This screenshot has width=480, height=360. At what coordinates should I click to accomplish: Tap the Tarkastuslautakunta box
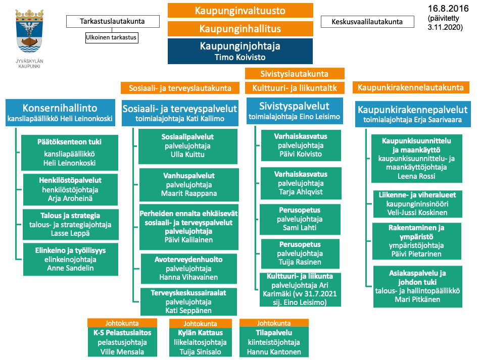pyautogui.click(x=113, y=21)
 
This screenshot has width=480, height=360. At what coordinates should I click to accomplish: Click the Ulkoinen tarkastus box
pyautogui.click(x=111, y=37)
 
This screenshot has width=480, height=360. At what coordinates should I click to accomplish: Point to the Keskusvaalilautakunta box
pyautogui.click(x=367, y=22)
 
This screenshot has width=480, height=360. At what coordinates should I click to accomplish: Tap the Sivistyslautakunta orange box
pyautogui.click(x=294, y=74)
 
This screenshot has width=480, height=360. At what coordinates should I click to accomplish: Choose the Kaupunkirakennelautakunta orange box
pyautogui.click(x=410, y=87)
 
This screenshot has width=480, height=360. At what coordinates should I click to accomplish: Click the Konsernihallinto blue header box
pyautogui.click(x=60, y=113)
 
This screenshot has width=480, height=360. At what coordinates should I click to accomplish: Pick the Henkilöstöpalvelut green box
pyautogui.click(x=71, y=189)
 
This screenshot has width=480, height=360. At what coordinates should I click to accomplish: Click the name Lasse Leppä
pyautogui.click(x=71, y=233)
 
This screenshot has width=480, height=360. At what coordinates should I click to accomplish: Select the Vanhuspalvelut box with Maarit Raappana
pyautogui.click(x=189, y=185)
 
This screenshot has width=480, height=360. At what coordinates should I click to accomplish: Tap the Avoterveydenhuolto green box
pyautogui.click(x=189, y=268)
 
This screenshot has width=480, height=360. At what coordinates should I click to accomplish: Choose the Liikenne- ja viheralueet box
pyautogui.click(x=417, y=203)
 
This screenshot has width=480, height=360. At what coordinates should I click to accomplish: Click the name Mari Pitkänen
pyautogui.click(x=417, y=299)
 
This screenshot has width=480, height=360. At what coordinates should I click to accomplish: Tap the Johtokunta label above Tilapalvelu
pyautogui.click(x=274, y=323)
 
